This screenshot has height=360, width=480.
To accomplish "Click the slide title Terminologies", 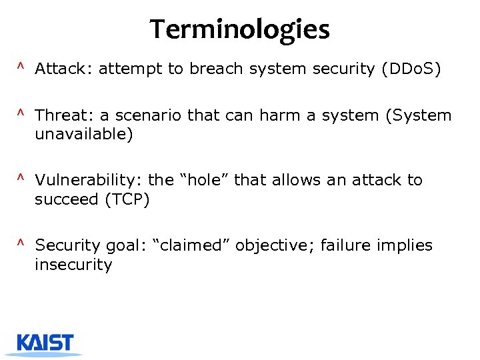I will tap(239, 29).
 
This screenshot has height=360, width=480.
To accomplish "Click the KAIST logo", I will tap(46, 343).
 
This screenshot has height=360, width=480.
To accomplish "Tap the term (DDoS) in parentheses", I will tap(411, 69).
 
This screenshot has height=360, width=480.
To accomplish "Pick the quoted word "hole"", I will tap(202, 180).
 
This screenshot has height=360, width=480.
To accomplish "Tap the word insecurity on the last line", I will tap(73, 265).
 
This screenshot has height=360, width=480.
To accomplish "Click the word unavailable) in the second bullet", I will tap(84, 135).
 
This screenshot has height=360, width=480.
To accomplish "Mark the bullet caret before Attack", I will tap(21, 68).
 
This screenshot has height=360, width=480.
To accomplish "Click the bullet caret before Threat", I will tap(21, 114).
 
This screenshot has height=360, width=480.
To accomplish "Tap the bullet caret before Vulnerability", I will tap(21, 179).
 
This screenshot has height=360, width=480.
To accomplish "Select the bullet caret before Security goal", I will tap(21, 244).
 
